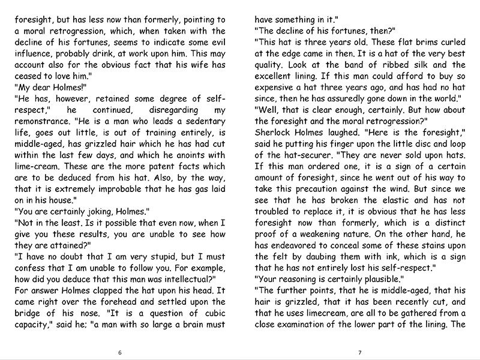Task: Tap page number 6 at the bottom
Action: coord(121,352)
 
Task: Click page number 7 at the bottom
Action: coord(359,352)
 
